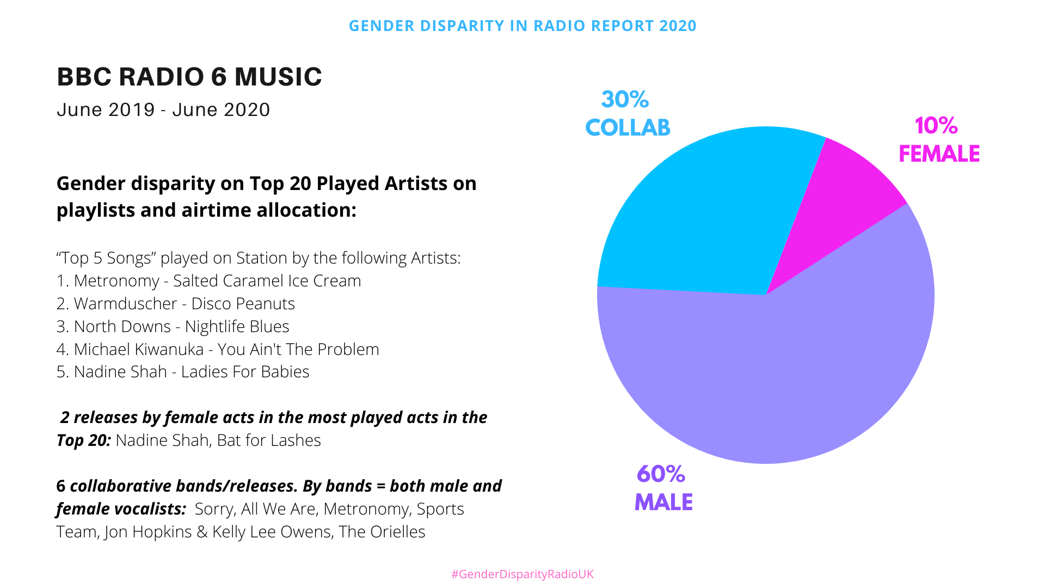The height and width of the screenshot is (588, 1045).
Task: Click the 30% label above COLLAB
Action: pyautogui.click(x=625, y=100)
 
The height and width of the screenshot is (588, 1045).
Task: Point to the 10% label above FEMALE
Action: pyautogui.click(x=936, y=126)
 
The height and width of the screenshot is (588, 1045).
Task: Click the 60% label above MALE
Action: pyautogui.click(x=661, y=474)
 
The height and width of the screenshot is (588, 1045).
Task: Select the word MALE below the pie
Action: pyautogui.click(x=663, y=503)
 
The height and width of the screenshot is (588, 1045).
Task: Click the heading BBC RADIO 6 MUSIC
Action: pyautogui.click(x=189, y=77)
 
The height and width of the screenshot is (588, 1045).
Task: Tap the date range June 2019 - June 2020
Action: pyautogui.click(x=163, y=110)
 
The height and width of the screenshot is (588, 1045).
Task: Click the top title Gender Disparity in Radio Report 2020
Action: pyautogui.click(x=522, y=26)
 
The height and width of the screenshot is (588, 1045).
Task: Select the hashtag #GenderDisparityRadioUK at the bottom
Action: pyautogui.click(x=522, y=574)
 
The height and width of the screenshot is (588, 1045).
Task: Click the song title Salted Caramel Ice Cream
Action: pyautogui.click(x=267, y=281)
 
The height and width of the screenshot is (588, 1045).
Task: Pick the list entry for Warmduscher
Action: pyautogui.click(x=125, y=304)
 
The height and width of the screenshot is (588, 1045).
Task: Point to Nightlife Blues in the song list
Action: pyautogui.click(x=237, y=327)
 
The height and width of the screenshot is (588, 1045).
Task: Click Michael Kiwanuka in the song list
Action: pyautogui.click(x=138, y=350)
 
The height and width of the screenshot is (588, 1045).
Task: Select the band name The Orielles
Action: pyautogui.click(x=382, y=532)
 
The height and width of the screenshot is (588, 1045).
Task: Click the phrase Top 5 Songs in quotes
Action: pyautogui.click(x=103, y=258)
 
